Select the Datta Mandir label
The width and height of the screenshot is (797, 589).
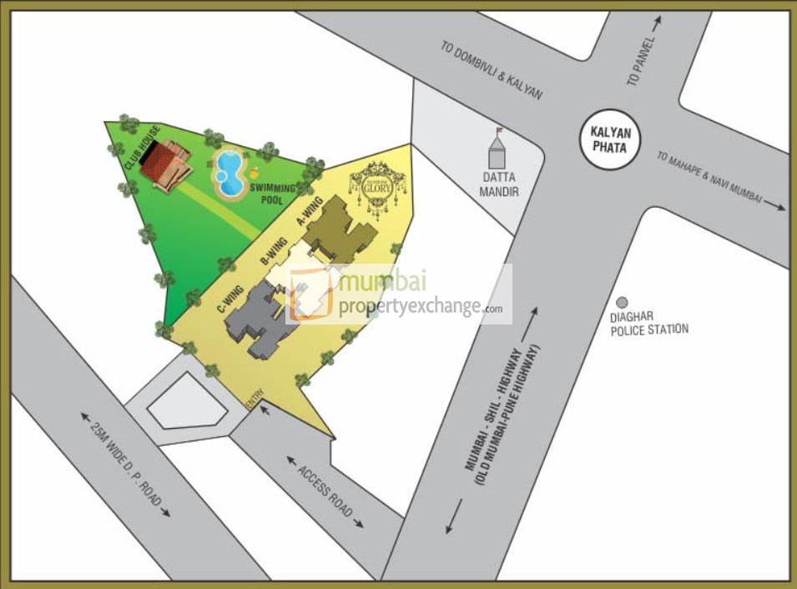click(x=500, y=184)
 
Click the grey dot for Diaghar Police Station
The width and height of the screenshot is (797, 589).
click(x=621, y=303)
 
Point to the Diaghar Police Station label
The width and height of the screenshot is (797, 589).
click(x=649, y=323)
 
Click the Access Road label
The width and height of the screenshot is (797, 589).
click(x=325, y=492)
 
